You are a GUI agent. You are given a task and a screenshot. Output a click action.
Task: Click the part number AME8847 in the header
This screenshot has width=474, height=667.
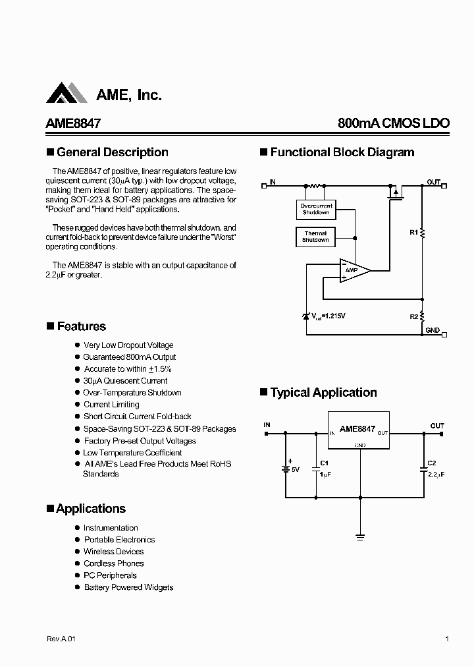point(72,123)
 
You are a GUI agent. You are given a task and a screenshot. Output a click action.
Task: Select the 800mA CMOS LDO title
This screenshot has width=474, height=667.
point(393,123)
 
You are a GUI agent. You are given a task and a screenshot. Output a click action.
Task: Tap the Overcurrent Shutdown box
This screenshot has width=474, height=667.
point(316,209)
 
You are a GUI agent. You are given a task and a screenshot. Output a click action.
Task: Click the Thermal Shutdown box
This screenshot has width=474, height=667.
point(315,237)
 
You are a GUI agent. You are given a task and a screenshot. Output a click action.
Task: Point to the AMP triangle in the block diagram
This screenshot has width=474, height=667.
point(353,270)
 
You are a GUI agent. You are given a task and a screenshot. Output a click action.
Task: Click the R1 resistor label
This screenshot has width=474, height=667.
point(413,232)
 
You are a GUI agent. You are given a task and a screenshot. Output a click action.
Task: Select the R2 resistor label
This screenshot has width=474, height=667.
point(413,316)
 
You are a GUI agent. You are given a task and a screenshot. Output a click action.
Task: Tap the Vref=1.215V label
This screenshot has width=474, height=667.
point(327,316)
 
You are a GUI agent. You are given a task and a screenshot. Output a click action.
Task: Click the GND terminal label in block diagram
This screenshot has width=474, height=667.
point(432,330)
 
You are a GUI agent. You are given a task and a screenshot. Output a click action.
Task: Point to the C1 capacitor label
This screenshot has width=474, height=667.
point(324,463)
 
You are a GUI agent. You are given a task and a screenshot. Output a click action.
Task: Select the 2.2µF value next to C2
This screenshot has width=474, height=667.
point(436,474)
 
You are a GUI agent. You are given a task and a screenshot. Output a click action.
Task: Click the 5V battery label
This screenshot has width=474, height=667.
point(296,470)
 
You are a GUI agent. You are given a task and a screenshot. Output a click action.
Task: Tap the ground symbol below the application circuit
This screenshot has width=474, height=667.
point(360,537)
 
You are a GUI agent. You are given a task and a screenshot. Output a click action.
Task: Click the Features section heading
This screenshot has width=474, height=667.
point(81,326)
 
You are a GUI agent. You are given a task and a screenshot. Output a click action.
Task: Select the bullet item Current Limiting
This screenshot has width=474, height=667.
point(111,405)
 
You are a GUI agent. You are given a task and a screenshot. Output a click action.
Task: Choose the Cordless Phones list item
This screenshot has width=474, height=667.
point(113,564)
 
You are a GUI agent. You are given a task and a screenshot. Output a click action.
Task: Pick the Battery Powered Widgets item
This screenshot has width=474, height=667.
point(128,587)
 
